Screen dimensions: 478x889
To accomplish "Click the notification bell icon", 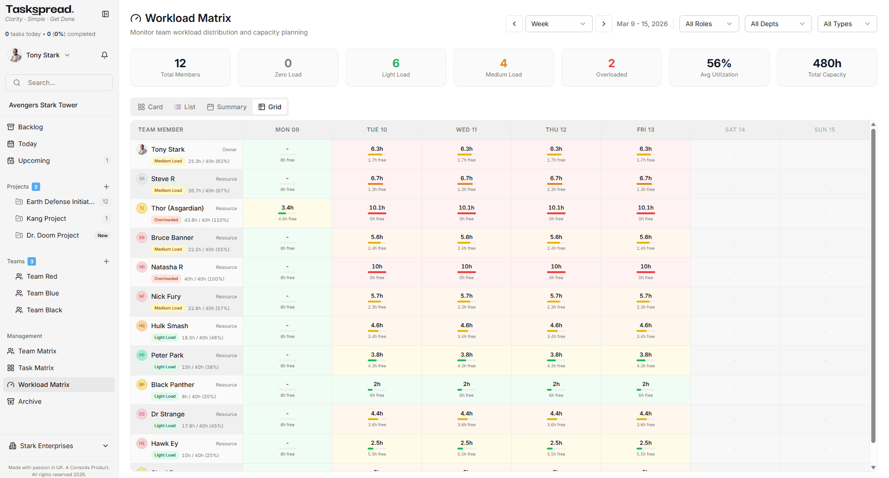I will click(105, 55).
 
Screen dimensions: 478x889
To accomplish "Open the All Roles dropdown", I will click(708, 24).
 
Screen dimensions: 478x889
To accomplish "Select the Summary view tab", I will click(227, 107).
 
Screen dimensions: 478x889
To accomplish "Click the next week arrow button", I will click(603, 24).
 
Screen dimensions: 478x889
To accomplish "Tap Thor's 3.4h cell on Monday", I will click(287, 213).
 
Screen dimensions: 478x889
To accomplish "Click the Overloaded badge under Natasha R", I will click(166, 279).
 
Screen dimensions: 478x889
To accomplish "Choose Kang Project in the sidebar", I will click(46, 218).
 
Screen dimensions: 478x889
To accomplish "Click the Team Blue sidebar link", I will click(42, 293).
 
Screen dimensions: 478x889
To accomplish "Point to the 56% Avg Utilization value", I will click(719, 63).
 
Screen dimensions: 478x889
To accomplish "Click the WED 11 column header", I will click(466, 130).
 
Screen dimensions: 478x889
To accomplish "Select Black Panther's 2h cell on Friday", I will click(645, 389).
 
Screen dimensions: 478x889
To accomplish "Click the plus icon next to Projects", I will click(106, 187).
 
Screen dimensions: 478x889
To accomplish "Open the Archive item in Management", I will click(30, 401).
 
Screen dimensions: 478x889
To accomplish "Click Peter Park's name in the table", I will click(167, 355).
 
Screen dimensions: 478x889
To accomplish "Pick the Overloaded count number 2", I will click(611, 63).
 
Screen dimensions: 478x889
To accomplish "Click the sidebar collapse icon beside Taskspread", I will click(105, 14).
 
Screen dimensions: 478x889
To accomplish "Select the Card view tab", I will click(150, 107).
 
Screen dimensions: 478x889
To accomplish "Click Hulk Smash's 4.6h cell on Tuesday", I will click(377, 330).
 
